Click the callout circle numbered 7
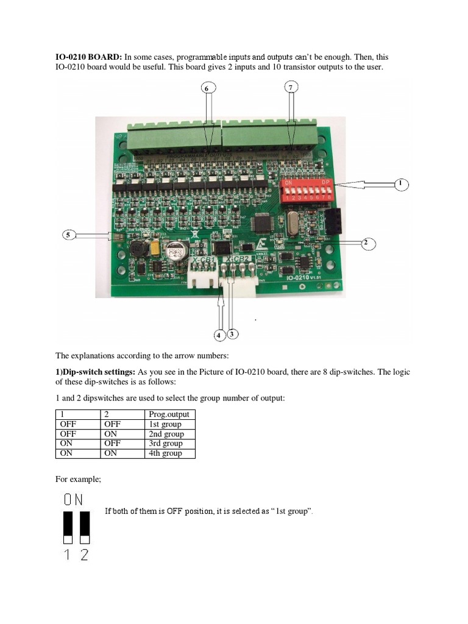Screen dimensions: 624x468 click(291, 88)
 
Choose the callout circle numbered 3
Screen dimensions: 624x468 click(232, 334)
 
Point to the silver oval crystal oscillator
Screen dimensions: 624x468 click(289, 229)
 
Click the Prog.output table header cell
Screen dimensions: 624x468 click(170, 414)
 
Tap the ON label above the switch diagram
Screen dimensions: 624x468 click(74, 500)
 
